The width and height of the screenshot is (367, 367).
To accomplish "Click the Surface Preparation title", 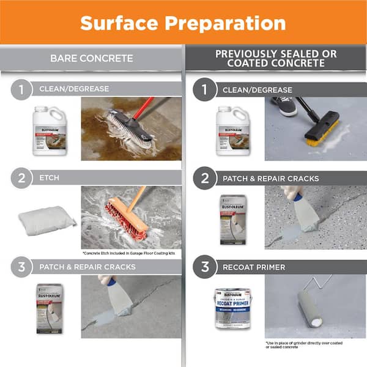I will point(183,23).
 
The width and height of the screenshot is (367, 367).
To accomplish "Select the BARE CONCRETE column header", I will point(91,58).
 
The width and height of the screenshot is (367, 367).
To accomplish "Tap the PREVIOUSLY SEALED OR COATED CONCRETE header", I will point(276,58).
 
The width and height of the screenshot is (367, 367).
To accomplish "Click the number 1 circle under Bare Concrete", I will point(22,89).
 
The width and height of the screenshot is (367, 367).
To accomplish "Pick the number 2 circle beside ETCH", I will point(22,178).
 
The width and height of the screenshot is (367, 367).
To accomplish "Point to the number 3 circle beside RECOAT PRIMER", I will point(205,267).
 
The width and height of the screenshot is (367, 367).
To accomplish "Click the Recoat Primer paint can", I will point(232,308).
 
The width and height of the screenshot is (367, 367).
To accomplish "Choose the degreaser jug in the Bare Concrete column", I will point(50,130).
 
